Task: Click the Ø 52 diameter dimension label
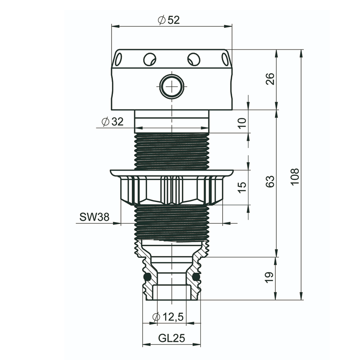[169, 20]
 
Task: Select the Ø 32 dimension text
[112, 121]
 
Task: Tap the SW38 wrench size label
[94, 217]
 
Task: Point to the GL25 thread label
[171, 338]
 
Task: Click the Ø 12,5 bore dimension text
[168, 317]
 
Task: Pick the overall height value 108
[295, 176]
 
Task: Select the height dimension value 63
[270, 181]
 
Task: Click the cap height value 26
[270, 79]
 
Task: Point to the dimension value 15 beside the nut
[242, 187]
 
